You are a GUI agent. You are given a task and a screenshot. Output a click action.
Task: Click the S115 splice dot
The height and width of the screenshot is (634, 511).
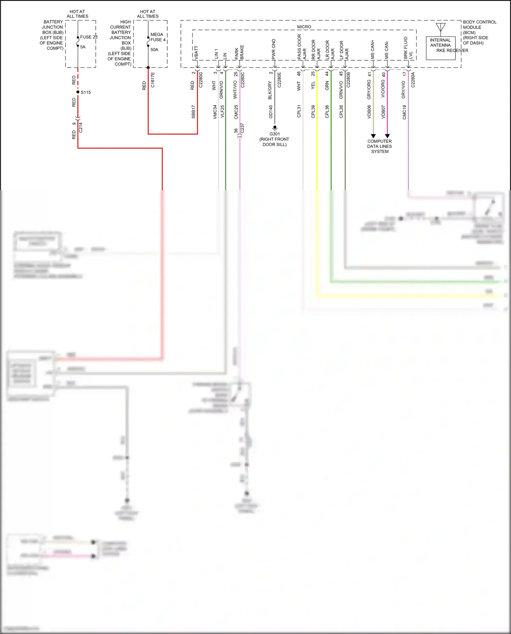tap(78, 92)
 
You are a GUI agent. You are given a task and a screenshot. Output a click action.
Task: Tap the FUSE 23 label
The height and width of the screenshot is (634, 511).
tap(89, 37)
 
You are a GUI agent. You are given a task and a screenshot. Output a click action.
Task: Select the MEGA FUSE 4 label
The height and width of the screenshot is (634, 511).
tap(158, 37)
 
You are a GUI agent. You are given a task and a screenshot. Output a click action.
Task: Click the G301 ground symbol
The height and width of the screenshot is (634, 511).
tap(275, 128)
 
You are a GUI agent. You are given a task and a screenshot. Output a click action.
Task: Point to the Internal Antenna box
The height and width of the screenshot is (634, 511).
tap(440, 48)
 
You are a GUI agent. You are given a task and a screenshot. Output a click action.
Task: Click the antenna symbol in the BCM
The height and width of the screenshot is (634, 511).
tap(440, 27)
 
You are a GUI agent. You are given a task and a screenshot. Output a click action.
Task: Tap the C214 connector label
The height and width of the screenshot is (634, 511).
tap(81, 127)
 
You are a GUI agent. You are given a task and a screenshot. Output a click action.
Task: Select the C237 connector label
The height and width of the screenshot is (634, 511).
tap(242, 128)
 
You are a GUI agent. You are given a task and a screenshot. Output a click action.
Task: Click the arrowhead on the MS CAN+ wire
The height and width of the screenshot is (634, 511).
tap(373, 136)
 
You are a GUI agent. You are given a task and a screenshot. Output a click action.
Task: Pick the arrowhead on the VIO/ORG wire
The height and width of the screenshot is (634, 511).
tap(387, 136)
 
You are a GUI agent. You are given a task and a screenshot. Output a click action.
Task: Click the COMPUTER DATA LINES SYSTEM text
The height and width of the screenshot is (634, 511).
tap(380, 146)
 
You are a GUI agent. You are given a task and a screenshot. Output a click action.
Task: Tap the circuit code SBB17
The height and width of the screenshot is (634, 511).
tap(193, 112)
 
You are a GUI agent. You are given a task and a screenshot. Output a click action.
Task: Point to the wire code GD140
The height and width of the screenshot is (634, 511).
tap(271, 112)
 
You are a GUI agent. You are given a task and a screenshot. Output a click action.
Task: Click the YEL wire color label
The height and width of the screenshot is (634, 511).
tap(313, 86)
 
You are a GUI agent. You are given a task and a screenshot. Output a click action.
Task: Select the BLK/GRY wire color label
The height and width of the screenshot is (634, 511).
tap(270, 90)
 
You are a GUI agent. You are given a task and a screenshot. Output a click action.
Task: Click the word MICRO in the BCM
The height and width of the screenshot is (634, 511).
tap(304, 27)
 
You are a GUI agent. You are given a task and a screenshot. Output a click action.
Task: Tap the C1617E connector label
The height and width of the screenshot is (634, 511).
tap(153, 80)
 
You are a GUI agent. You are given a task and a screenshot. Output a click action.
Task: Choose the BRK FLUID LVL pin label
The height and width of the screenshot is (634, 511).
tap(408, 48)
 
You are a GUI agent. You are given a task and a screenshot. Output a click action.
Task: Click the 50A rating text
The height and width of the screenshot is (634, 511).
tap(154, 50)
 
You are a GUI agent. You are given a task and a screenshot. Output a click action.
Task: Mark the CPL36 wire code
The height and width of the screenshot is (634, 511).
tap(327, 112)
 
